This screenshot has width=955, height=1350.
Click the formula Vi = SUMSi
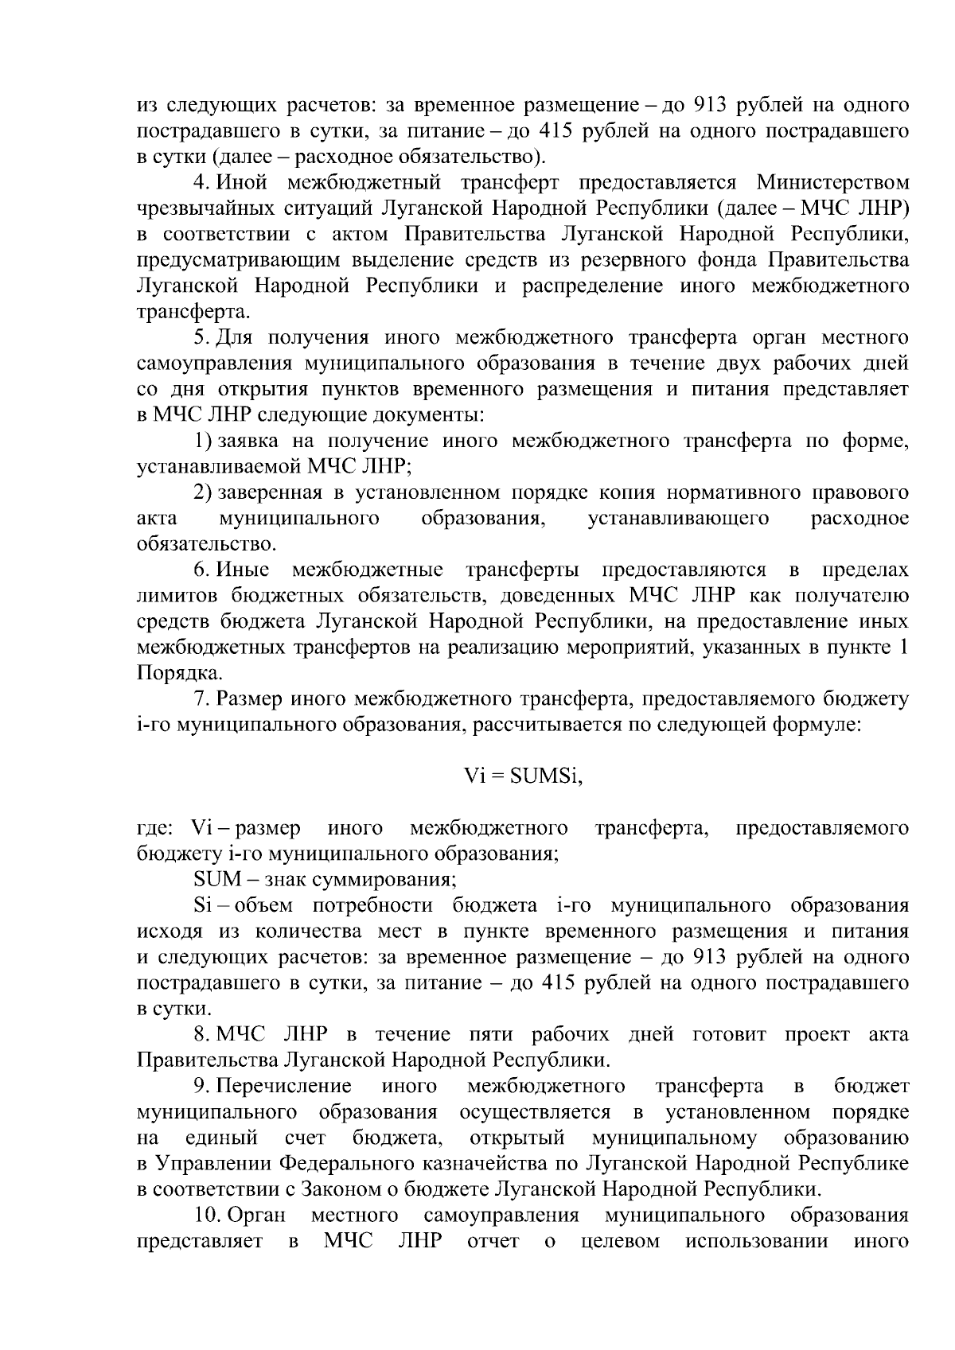524,777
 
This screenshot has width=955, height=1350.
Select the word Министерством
832,183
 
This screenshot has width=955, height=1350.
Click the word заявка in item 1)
244,442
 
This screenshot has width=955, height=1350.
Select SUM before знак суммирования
211,880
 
